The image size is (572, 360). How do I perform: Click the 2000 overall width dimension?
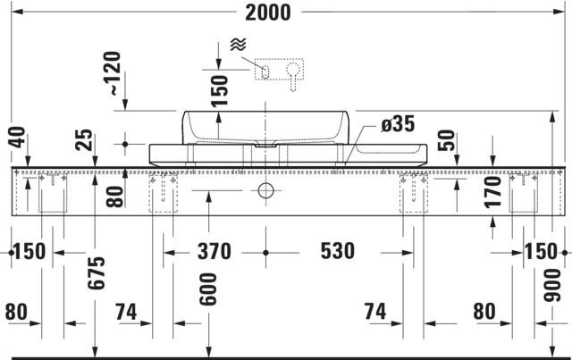268,13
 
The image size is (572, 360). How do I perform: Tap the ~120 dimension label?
112,73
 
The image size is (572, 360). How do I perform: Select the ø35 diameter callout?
398,124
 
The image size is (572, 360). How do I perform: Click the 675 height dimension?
97,273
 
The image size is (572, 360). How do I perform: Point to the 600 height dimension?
208,289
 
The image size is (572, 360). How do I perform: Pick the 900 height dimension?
552,285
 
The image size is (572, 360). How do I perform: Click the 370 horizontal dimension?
214,251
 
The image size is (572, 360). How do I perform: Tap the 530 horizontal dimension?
338,251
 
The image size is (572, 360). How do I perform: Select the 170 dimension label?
492,192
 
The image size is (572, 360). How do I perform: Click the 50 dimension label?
447,140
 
